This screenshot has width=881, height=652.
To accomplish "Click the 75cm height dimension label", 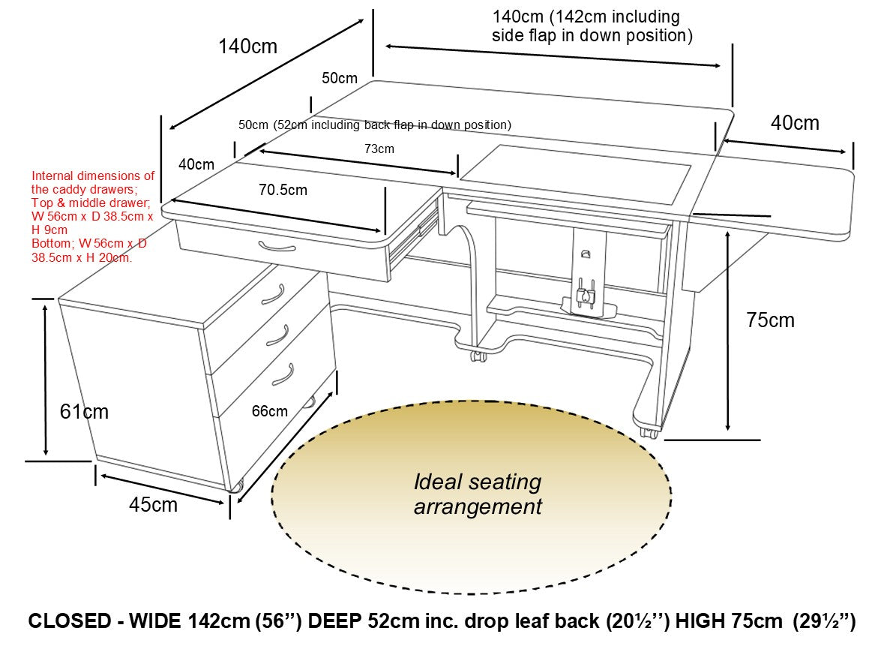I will point(770,320).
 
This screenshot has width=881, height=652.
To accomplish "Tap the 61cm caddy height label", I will point(84,411).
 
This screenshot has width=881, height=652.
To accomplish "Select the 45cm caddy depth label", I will point(153,505).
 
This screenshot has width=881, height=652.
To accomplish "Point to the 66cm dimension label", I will point(269,411).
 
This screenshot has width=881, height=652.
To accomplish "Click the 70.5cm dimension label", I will point(283,190).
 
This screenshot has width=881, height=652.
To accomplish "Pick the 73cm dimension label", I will point(379,149).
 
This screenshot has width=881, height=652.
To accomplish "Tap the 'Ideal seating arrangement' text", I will point(478,494).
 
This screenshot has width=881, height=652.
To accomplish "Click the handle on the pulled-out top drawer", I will point(277,246).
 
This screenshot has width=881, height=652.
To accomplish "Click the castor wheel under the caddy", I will point(237,487).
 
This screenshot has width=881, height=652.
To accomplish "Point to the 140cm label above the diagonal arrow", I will point(247,47).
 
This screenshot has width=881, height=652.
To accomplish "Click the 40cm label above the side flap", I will point(795,123).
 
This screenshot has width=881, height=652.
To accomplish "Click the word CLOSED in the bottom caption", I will point(69,622).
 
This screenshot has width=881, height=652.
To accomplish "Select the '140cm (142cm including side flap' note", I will point(592,26).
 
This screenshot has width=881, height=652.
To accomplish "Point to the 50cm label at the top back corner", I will point(340,78).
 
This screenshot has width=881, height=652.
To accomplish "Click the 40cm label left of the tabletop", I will point(196,164).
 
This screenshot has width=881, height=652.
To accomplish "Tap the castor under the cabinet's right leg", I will point(650,433).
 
